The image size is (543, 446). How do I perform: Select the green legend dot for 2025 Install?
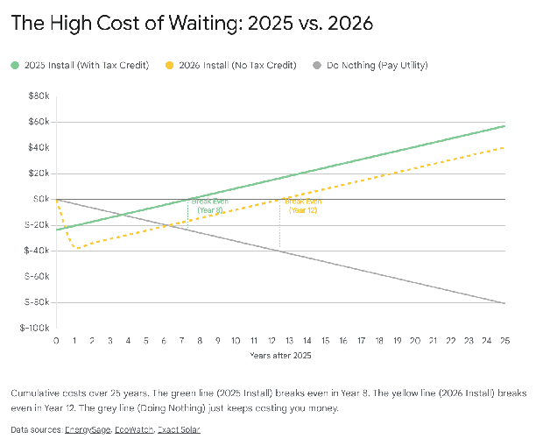[x=14, y=65]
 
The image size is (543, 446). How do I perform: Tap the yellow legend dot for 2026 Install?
[x=169, y=65]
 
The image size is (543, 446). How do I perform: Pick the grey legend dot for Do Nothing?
[x=318, y=65]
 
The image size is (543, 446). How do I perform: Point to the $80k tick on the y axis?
[x=39, y=96]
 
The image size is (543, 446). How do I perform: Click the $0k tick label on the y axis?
[x=41, y=199]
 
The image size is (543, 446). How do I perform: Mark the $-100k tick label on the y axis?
[x=35, y=328]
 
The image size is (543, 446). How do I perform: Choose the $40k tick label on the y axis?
[x=39, y=147]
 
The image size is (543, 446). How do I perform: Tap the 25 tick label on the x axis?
[x=504, y=340]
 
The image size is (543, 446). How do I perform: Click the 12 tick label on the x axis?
[x=271, y=340]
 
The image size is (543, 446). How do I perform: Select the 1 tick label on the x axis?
[x=74, y=340]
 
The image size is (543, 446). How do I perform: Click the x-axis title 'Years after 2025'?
[x=280, y=355]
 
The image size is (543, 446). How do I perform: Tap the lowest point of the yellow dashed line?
[x=76, y=248]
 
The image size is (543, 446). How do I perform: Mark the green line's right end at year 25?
[x=504, y=126]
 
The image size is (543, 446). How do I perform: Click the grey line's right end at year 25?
[x=504, y=303]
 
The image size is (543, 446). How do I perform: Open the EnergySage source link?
[x=88, y=430]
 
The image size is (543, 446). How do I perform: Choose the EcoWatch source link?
[x=136, y=430]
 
